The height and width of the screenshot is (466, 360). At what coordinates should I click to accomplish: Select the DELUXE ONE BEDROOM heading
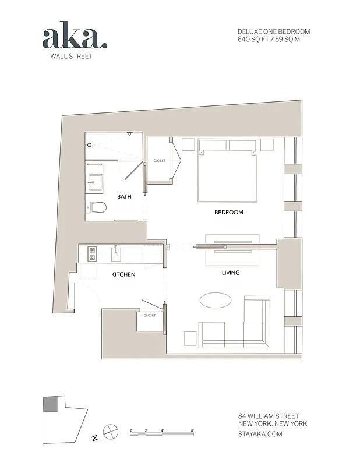coord(273,31)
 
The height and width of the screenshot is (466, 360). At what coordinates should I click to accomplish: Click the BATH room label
coord(124,197)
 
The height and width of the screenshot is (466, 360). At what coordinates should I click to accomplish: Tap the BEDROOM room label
coord(228,213)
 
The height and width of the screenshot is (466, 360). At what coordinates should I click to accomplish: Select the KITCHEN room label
coord(123,274)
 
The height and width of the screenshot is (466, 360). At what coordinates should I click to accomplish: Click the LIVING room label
coord(231,273)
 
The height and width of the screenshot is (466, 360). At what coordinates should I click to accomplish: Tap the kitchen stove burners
coord(91,253)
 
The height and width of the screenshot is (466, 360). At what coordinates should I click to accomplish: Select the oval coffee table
coord(216,301)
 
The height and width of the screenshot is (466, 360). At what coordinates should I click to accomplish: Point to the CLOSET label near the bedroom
coord(159,161)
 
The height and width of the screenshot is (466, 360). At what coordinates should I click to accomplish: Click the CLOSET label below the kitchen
coord(150,315)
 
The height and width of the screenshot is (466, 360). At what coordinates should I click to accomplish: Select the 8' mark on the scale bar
coord(192,430)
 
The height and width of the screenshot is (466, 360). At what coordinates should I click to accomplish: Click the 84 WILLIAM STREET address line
coord(269,416)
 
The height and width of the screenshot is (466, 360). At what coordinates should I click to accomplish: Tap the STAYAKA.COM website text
coord(260,434)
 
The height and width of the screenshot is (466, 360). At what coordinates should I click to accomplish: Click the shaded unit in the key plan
coord(51,404)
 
